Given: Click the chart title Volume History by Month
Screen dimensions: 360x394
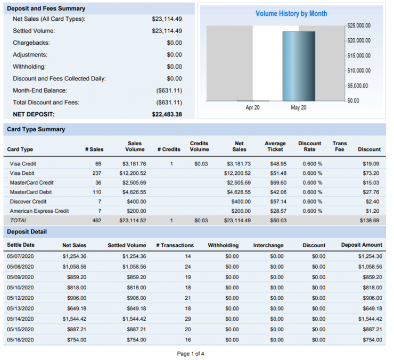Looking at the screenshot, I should coord(291,13).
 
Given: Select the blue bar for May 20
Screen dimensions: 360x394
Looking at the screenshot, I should coord(298,66).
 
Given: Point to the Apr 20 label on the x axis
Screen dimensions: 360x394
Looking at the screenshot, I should coord(252,107).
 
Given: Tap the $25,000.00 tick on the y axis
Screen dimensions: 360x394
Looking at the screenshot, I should coord(359,26).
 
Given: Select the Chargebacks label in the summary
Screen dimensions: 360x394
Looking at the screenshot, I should coord(30,43).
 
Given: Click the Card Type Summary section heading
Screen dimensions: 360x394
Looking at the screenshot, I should coord(36,129).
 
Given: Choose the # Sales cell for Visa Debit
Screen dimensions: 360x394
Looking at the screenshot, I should coord(96,173).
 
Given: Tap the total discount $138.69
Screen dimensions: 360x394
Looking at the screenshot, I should coord(370,220).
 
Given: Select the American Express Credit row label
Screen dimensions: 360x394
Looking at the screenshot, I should coord(39,211).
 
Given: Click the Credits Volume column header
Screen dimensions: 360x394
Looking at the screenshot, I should coord(199,146).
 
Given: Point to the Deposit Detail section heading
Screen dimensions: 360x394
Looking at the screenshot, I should coord(27,232).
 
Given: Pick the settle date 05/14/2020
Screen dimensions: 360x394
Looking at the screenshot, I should coord(20,319).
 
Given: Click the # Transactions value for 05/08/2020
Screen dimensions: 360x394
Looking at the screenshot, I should coord(187,266).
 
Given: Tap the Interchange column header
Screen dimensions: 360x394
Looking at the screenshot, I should coord(268,245).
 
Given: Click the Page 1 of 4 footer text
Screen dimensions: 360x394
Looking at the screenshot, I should coord(190,354).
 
